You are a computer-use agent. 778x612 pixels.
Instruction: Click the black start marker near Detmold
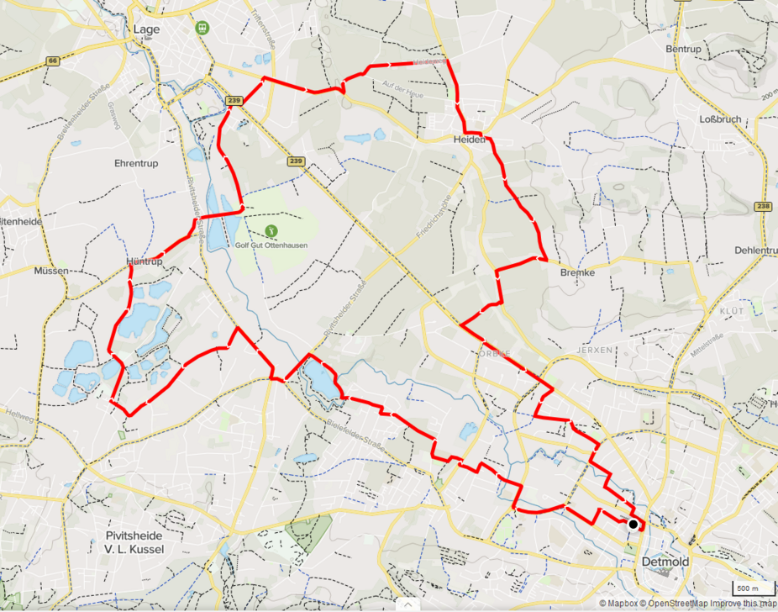click(633, 524)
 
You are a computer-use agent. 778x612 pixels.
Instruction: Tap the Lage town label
click(146, 29)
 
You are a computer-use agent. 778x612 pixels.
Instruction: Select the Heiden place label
click(469, 140)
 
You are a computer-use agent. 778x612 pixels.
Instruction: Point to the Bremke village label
click(576, 272)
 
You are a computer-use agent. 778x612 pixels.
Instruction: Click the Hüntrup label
click(144, 262)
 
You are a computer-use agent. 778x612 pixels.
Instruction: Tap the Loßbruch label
click(720, 119)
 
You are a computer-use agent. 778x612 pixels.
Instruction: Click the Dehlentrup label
click(755, 251)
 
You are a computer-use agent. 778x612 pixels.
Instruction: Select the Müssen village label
click(51, 272)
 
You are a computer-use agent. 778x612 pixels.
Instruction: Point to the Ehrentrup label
click(135, 164)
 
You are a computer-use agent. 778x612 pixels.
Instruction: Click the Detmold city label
click(665, 562)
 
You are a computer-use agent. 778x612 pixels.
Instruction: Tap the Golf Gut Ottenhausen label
click(271, 245)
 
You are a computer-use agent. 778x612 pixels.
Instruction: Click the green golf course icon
click(270, 229)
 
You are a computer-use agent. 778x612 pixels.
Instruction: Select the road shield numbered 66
click(52, 61)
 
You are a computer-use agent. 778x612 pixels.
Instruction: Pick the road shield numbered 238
click(763, 206)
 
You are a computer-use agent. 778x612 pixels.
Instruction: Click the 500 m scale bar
click(747, 588)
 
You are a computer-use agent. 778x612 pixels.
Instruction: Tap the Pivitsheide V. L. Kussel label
click(134, 542)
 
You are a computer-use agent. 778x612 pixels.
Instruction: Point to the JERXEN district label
click(597, 348)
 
